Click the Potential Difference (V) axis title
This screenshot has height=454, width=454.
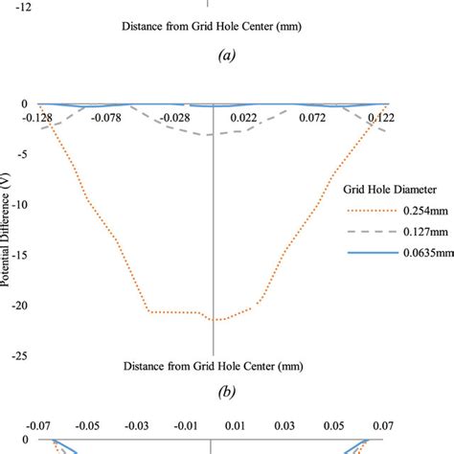(x=7, y=230)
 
